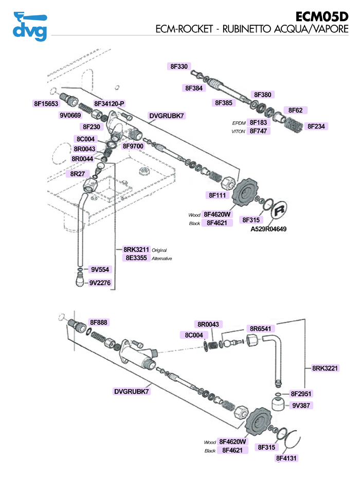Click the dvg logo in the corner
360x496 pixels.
tap(30, 25)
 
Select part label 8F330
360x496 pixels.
tap(179, 66)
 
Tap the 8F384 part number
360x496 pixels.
tap(195, 88)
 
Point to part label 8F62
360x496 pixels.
tap(295, 111)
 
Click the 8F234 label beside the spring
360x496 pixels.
tap(317, 126)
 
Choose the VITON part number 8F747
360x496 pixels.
tap(259, 131)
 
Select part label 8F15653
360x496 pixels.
tap(46, 103)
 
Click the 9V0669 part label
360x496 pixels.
tap(70, 116)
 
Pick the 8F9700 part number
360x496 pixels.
tap(133, 146)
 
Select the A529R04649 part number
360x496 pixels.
tap(268, 229)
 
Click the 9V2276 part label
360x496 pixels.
tap(100, 283)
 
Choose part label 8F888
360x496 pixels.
tap(99, 322)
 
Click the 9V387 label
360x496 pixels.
tap(301, 406)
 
